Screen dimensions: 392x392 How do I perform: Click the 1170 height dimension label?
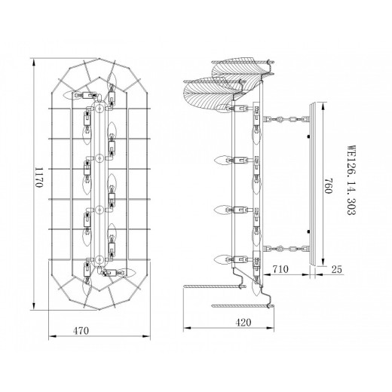(39, 177)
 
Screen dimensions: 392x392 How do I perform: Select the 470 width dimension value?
(81, 330)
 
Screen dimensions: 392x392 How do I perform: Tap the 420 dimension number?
(243, 323)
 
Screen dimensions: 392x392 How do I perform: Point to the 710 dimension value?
(280, 269)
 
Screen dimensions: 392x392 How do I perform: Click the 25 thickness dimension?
(337, 269)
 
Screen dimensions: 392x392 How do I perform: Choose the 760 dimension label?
(329, 185)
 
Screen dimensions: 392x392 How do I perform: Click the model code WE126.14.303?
(351, 180)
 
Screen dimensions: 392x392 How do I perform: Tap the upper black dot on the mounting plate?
(308, 136)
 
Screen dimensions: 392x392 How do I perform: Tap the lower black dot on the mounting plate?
(308, 231)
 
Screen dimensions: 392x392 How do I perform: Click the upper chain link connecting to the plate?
(286, 118)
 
